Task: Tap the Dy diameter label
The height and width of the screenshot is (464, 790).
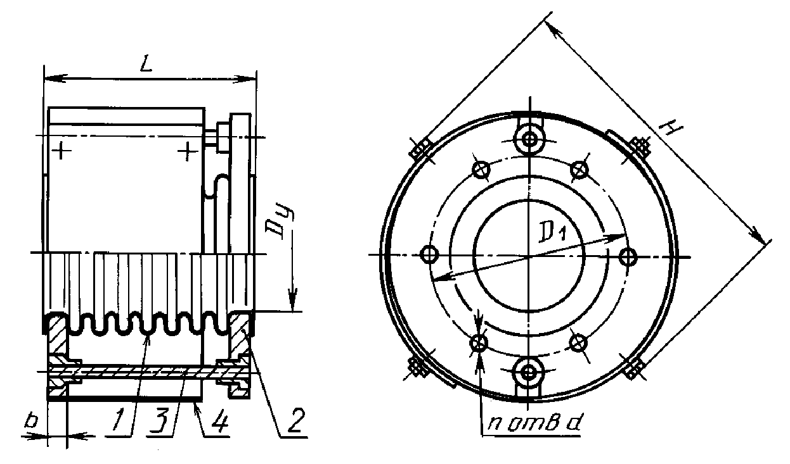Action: [281, 224]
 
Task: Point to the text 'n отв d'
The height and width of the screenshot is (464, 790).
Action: [534, 423]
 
